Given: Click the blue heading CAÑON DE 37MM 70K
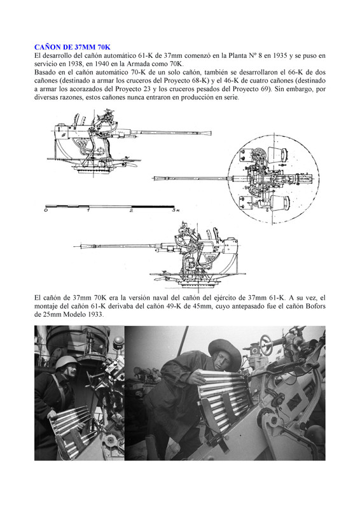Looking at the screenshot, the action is coord(73,47).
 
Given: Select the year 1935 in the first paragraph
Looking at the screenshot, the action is coord(280,55).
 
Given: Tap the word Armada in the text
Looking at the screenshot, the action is coord(141,64).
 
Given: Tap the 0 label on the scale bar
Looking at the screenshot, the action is coord(46,211).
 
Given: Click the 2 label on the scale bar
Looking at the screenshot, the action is coord(132,211).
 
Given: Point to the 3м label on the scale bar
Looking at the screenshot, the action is coord(176,211).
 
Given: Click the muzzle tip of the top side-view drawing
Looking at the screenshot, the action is coord(211,133).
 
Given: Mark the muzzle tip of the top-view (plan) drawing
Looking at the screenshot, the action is coord(154,178).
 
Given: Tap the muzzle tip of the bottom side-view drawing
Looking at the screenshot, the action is coord(74,246).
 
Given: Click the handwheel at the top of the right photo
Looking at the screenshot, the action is coord(266,345).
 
